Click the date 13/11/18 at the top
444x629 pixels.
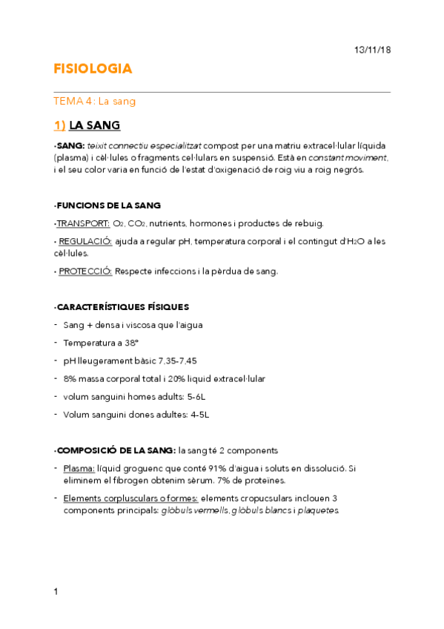[x=371, y=49]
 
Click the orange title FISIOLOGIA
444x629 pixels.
[x=93, y=69]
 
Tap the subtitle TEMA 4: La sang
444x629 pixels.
[x=94, y=102]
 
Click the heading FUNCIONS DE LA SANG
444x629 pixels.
[x=108, y=205]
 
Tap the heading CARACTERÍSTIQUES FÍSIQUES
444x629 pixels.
[x=122, y=306]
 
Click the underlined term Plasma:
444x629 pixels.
[x=79, y=468]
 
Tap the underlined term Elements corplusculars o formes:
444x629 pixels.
[x=130, y=498]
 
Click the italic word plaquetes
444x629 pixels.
[x=317, y=510]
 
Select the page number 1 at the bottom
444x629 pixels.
[x=56, y=592]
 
